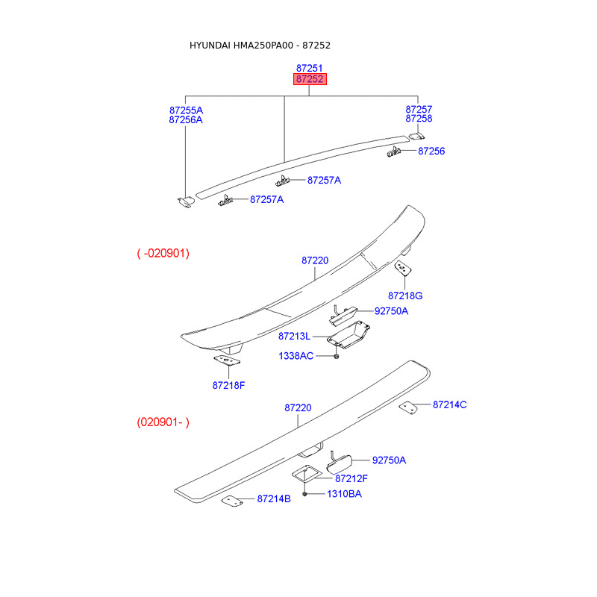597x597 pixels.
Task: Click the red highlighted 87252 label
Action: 310,79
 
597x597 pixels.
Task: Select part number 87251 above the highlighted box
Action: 309,68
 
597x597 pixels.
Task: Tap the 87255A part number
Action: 186,110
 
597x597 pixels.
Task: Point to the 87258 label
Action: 419,119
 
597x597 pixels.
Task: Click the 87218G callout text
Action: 405,296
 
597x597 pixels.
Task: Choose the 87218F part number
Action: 228,385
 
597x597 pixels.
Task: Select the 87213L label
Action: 294,337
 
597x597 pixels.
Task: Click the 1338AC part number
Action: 296,356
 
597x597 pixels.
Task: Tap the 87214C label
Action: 450,404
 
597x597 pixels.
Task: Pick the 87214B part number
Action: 274,498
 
